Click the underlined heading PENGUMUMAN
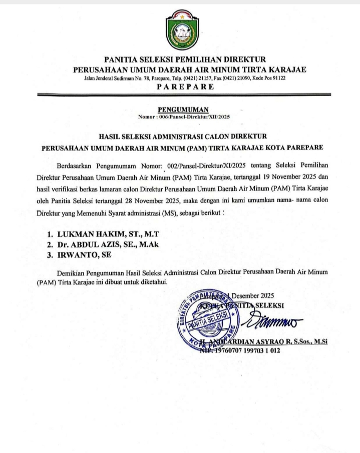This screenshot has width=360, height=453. (180, 109)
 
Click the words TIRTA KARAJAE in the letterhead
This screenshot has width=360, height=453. (275, 69)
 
